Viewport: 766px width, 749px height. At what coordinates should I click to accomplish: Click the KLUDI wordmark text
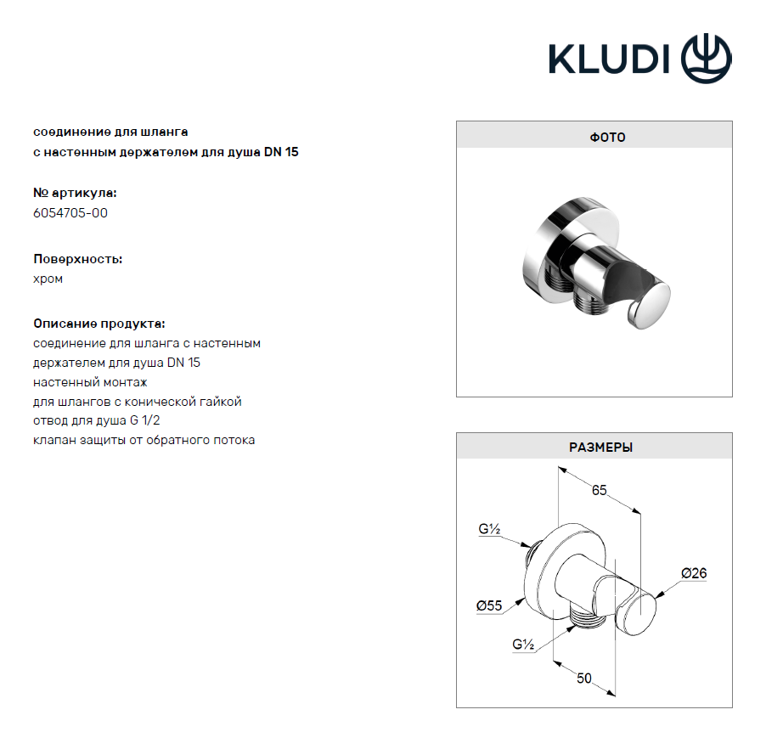point(609,59)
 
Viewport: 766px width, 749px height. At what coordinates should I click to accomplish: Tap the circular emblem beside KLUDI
point(707,59)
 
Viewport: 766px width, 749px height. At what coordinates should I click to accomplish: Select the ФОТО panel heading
point(607,138)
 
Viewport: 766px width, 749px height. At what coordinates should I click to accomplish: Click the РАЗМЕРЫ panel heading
point(601,447)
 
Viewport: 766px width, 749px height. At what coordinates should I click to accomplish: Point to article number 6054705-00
point(70,213)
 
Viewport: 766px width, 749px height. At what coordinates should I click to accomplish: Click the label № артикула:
point(75,193)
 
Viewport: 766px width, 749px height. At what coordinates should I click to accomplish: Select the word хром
point(48,279)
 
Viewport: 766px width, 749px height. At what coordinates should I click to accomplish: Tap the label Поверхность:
point(77,259)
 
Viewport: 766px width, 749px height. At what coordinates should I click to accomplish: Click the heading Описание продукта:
point(99,324)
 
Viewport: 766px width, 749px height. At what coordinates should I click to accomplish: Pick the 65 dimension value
point(599,490)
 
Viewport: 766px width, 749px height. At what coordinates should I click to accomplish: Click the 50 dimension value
point(583,679)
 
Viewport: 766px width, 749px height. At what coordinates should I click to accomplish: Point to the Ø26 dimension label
point(694,572)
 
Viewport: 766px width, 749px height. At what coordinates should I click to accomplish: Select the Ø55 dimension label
point(489,605)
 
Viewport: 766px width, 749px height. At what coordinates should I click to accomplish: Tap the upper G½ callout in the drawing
point(489,529)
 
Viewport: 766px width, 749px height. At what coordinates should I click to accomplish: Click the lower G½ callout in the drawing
point(523,645)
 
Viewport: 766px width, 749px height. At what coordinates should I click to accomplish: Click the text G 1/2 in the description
point(144,420)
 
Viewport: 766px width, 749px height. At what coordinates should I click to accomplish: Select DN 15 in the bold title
point(281,152)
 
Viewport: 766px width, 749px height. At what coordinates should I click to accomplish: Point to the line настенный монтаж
point(90,382)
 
